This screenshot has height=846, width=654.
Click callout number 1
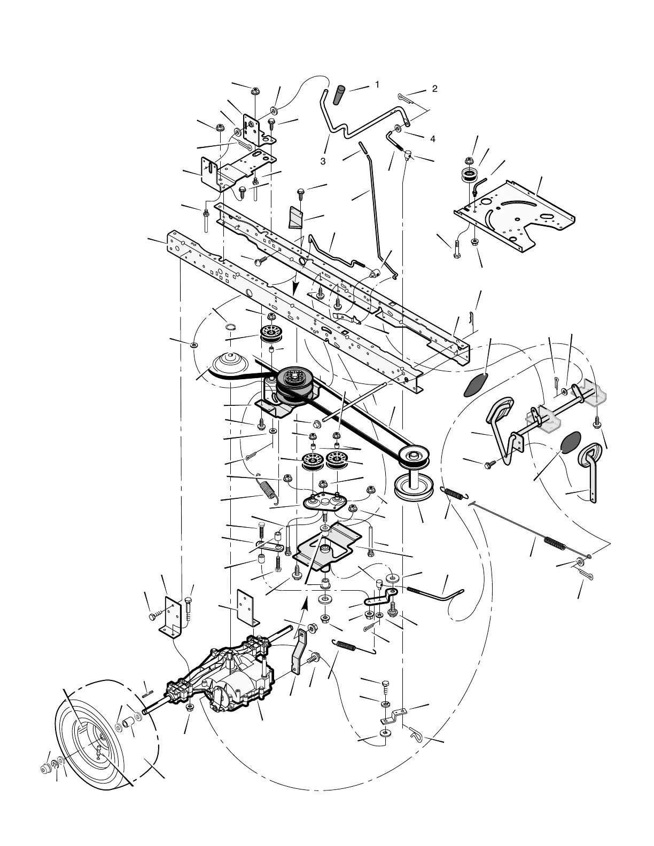[x=377, y=84]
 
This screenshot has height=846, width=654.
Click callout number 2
[x=434, y=89]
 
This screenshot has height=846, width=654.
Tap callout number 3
[x=323, y=161]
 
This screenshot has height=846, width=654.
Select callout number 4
[x=432, y=139]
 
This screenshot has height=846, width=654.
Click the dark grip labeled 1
[x=340, y=95]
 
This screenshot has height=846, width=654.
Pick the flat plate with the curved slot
[x=513, y=214]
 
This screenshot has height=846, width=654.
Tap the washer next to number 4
[x=399, y=129]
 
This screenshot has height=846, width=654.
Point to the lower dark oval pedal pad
[x=570, y=442]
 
